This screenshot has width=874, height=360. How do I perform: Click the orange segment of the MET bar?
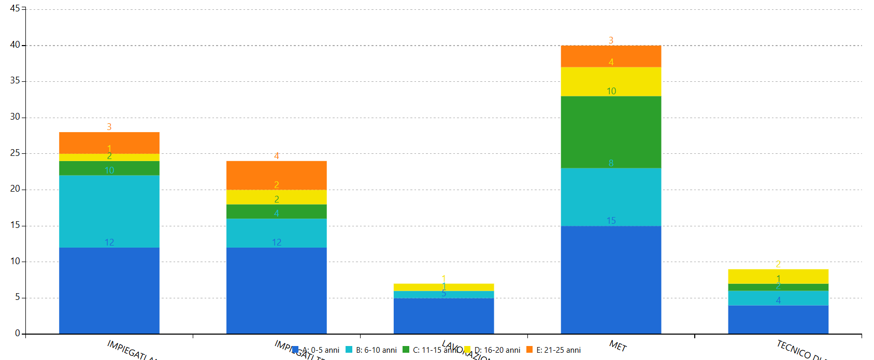tap(611, 56)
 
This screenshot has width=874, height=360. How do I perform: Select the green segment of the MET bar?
tap(611, 132)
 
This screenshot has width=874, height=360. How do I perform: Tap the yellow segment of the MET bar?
tap(611, 81)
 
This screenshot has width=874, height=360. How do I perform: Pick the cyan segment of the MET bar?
tap(611, 197)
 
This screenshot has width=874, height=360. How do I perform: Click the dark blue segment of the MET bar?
tap(611, 280)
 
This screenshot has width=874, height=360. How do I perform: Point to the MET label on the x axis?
tap(618, 346)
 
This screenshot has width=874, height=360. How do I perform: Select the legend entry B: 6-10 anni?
tap(371, 350)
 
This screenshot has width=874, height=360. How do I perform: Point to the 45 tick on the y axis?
tap(15, 9)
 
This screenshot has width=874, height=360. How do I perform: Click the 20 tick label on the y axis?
tap(15, 189)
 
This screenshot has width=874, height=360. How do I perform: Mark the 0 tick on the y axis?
tap(18, 333)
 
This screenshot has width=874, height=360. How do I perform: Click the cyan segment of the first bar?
tap(109, 211)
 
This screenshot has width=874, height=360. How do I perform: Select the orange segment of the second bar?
tap(277, 175)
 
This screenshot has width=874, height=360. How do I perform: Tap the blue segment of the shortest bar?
tap(443, 316)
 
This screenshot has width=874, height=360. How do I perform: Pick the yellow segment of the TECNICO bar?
tap(778, 276)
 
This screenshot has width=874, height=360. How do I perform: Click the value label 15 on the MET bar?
tap(611, 221)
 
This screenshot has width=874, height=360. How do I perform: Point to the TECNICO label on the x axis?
tap(798, 350)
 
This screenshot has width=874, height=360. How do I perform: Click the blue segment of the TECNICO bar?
tap(778, 320)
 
